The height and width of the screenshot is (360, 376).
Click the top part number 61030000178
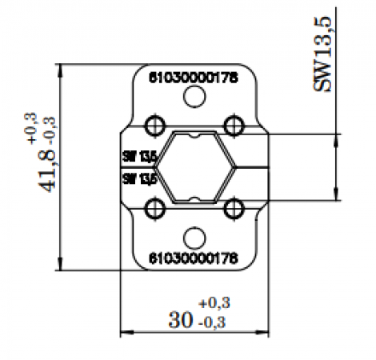point(193,78)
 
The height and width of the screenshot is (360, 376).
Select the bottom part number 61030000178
point(193,258)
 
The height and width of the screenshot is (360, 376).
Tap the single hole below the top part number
point(193,98)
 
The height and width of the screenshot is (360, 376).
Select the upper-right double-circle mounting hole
point(233,125)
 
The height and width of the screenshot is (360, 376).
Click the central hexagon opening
point(194,167)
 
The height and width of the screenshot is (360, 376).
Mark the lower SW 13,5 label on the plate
point(138,178)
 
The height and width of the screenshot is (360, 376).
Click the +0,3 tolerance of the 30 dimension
point(214,302)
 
